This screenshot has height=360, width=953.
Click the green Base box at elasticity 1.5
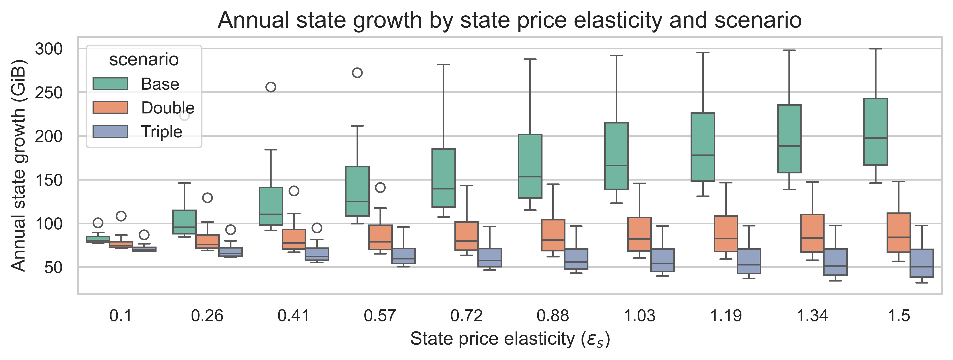point(875,131)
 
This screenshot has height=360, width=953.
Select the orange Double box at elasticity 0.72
point(466,236)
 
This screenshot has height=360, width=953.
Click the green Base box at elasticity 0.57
point(357,191)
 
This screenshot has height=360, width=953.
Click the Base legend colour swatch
point(110,84)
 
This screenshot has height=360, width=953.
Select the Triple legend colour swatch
point(110,131)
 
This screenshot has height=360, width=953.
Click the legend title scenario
point(144,60)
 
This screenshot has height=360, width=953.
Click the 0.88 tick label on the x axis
point(553,316)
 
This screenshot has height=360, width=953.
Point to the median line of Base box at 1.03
point(616,165)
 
